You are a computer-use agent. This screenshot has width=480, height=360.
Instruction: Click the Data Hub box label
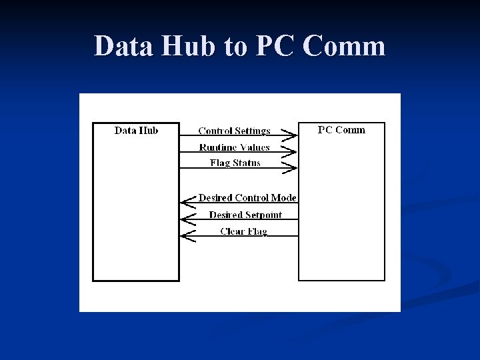pyautogui.click(x=136, y=131)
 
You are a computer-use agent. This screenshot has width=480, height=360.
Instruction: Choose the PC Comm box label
pyautogui.click(x=341, y=130)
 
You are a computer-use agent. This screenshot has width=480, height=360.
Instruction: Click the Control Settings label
pyautogui.click(x=234, y=131)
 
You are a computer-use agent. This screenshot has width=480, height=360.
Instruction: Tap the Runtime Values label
pyautogui.click(x=234, y=147)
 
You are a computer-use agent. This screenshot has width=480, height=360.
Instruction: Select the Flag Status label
pyautogui.click(x=235, y=163)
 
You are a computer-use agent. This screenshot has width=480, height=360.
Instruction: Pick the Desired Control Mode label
pyautogui.click(x=247, y=198)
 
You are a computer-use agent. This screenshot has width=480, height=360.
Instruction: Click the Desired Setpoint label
pyautogui.click(x=245, y=215)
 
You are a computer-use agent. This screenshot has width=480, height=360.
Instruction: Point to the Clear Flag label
pyautogui.click(x=243, y=231)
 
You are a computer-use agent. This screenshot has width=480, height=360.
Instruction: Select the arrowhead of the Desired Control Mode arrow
pyautogui.click(x=188, y=203)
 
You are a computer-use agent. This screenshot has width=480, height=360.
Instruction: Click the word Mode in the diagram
pyautogui.click(x=283, y=198)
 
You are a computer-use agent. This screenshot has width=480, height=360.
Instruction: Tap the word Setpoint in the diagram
pyautogui.click(x=263, y=215)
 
